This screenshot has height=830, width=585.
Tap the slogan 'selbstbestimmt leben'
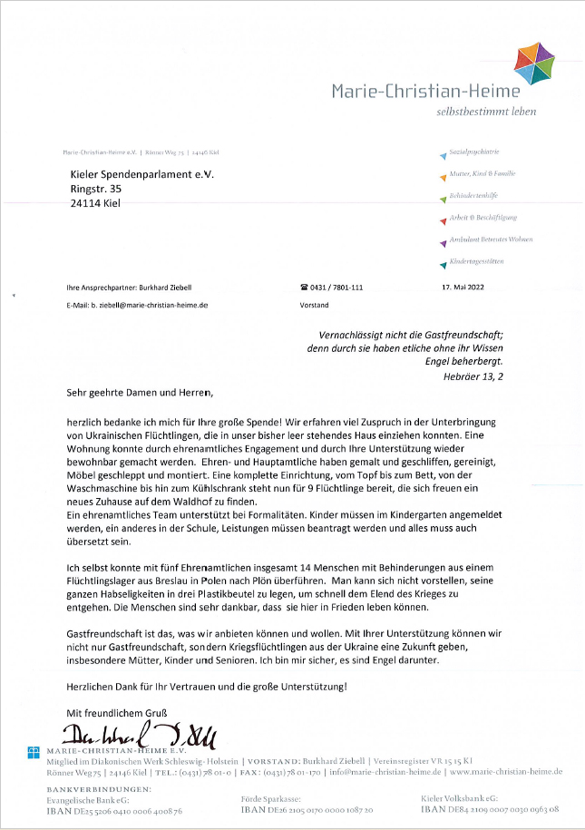point(499,112)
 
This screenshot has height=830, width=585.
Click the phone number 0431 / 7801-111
point(331,288)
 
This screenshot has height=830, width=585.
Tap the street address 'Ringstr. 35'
point(95,189)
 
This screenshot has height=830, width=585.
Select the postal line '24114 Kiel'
point(94,203)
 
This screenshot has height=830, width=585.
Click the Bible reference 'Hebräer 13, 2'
point(473,375)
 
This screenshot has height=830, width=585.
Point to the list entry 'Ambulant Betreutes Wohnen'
point(489,239)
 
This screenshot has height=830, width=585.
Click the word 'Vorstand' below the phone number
point(314,306)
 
